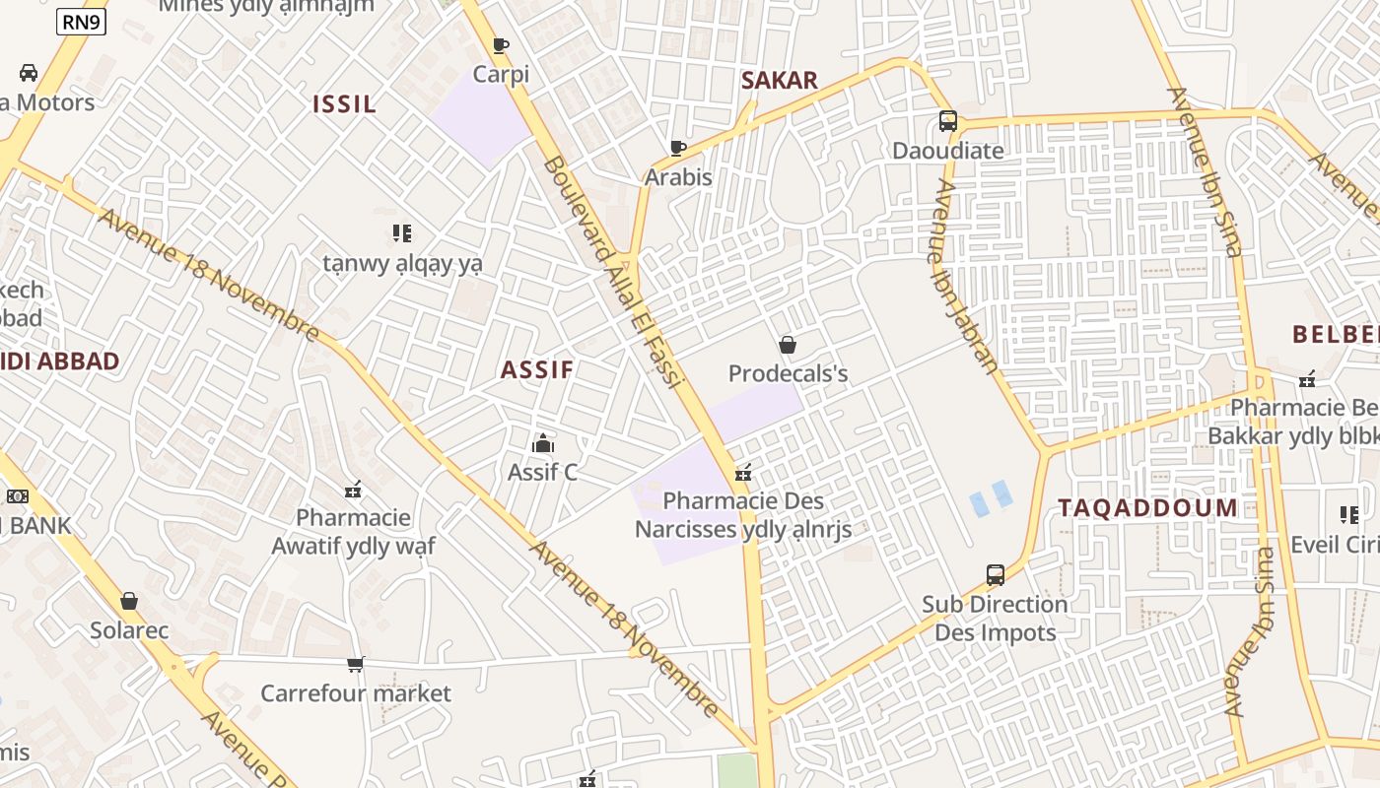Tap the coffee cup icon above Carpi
(501, 45)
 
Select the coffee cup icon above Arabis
(678, 149)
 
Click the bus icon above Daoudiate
(947, 121)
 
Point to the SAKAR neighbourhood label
(779, 81)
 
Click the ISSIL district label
(344, 104)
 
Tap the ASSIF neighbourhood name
(536, 370)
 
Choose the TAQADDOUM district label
(1147, 508)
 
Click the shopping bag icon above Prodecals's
(788, 345)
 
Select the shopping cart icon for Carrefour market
(355, 665)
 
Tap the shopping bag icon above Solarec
(129, 601)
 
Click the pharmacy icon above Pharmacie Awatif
(353, 490)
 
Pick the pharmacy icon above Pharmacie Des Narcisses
(743, 474)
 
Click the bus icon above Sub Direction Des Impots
(996, 575)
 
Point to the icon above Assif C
(542, 444)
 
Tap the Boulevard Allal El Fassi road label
(612, 271)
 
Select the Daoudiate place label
(947, 151)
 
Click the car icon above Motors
(29, 73)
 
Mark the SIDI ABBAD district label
(61, 361)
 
